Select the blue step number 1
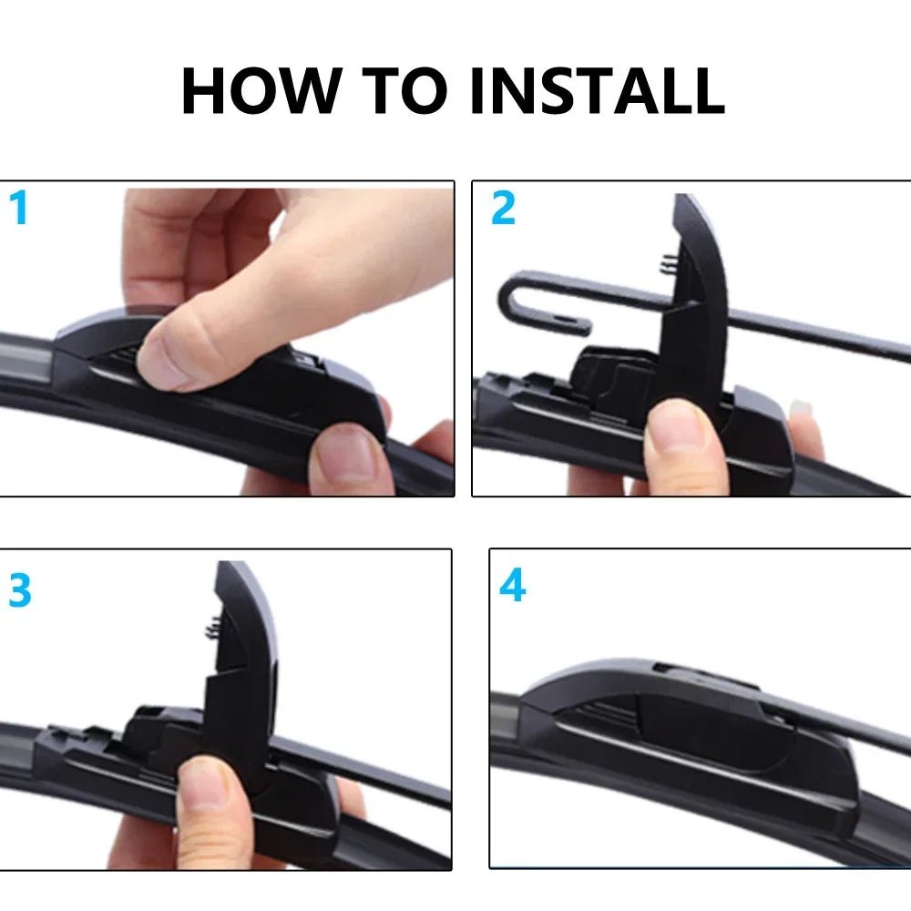click(x=19, y=209)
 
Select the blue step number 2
click(x=503, y=209)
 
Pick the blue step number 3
click(x=19, y=591)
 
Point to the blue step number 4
click(x=512, y=586)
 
